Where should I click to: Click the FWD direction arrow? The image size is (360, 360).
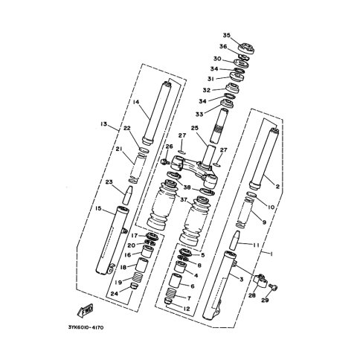(x=86, y=310)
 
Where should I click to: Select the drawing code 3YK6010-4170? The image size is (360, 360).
(x=86, y=327)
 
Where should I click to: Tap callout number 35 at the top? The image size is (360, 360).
(x=226, y=36)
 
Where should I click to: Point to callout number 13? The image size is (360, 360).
(x=103, y=123)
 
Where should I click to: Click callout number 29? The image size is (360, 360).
(x=265, y=300)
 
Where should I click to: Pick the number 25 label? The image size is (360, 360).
(x=195, y=128)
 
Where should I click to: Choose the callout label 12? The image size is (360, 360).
(x=187, y=309)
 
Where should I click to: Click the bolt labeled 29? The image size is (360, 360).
(x=274, y=287)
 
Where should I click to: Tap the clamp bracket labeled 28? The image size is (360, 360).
(x=260, y=281)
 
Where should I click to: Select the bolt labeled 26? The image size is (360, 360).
(x=164, y=162)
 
